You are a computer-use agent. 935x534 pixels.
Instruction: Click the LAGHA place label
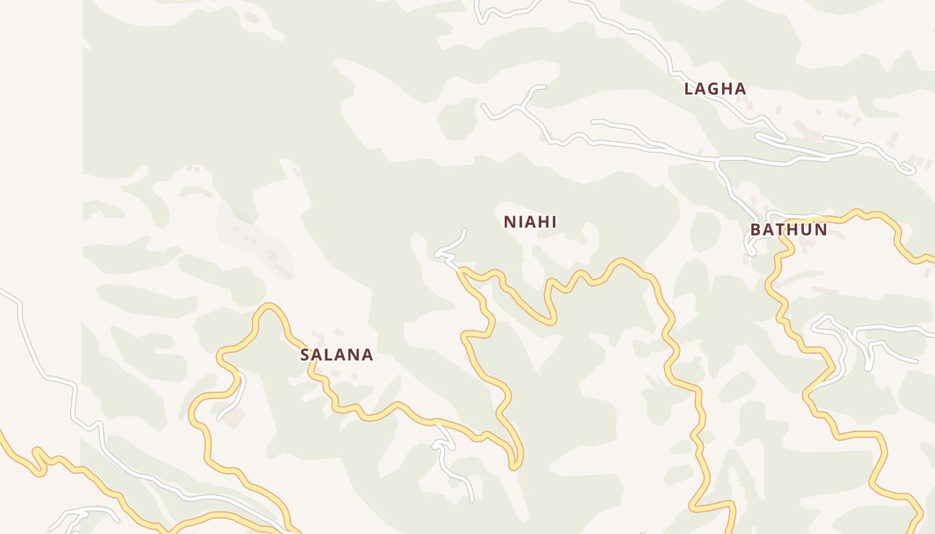pos(715,89)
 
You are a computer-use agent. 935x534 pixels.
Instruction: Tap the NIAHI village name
pos(530,222)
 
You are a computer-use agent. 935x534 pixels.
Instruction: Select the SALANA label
pos(337,355)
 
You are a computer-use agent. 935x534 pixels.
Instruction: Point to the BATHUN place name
pos(788,230)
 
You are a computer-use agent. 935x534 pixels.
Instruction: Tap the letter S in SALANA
pos(305,355)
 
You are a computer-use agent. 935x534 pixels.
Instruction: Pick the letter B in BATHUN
pos(755,230)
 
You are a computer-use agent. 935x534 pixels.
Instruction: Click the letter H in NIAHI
pos(542,222)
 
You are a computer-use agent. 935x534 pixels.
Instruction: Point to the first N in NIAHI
pos(509,222)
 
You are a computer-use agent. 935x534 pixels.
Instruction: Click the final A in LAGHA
pos(741,89)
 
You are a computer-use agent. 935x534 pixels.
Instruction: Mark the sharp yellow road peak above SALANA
pos(268,307)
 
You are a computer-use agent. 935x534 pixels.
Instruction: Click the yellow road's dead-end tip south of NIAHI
pos(514,466)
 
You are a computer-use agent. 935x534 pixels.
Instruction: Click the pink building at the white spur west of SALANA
pos(234,419)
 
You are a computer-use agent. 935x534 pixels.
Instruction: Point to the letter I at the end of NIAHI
pos(554,222)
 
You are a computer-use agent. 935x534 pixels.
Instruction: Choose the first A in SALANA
pos(318,355)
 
